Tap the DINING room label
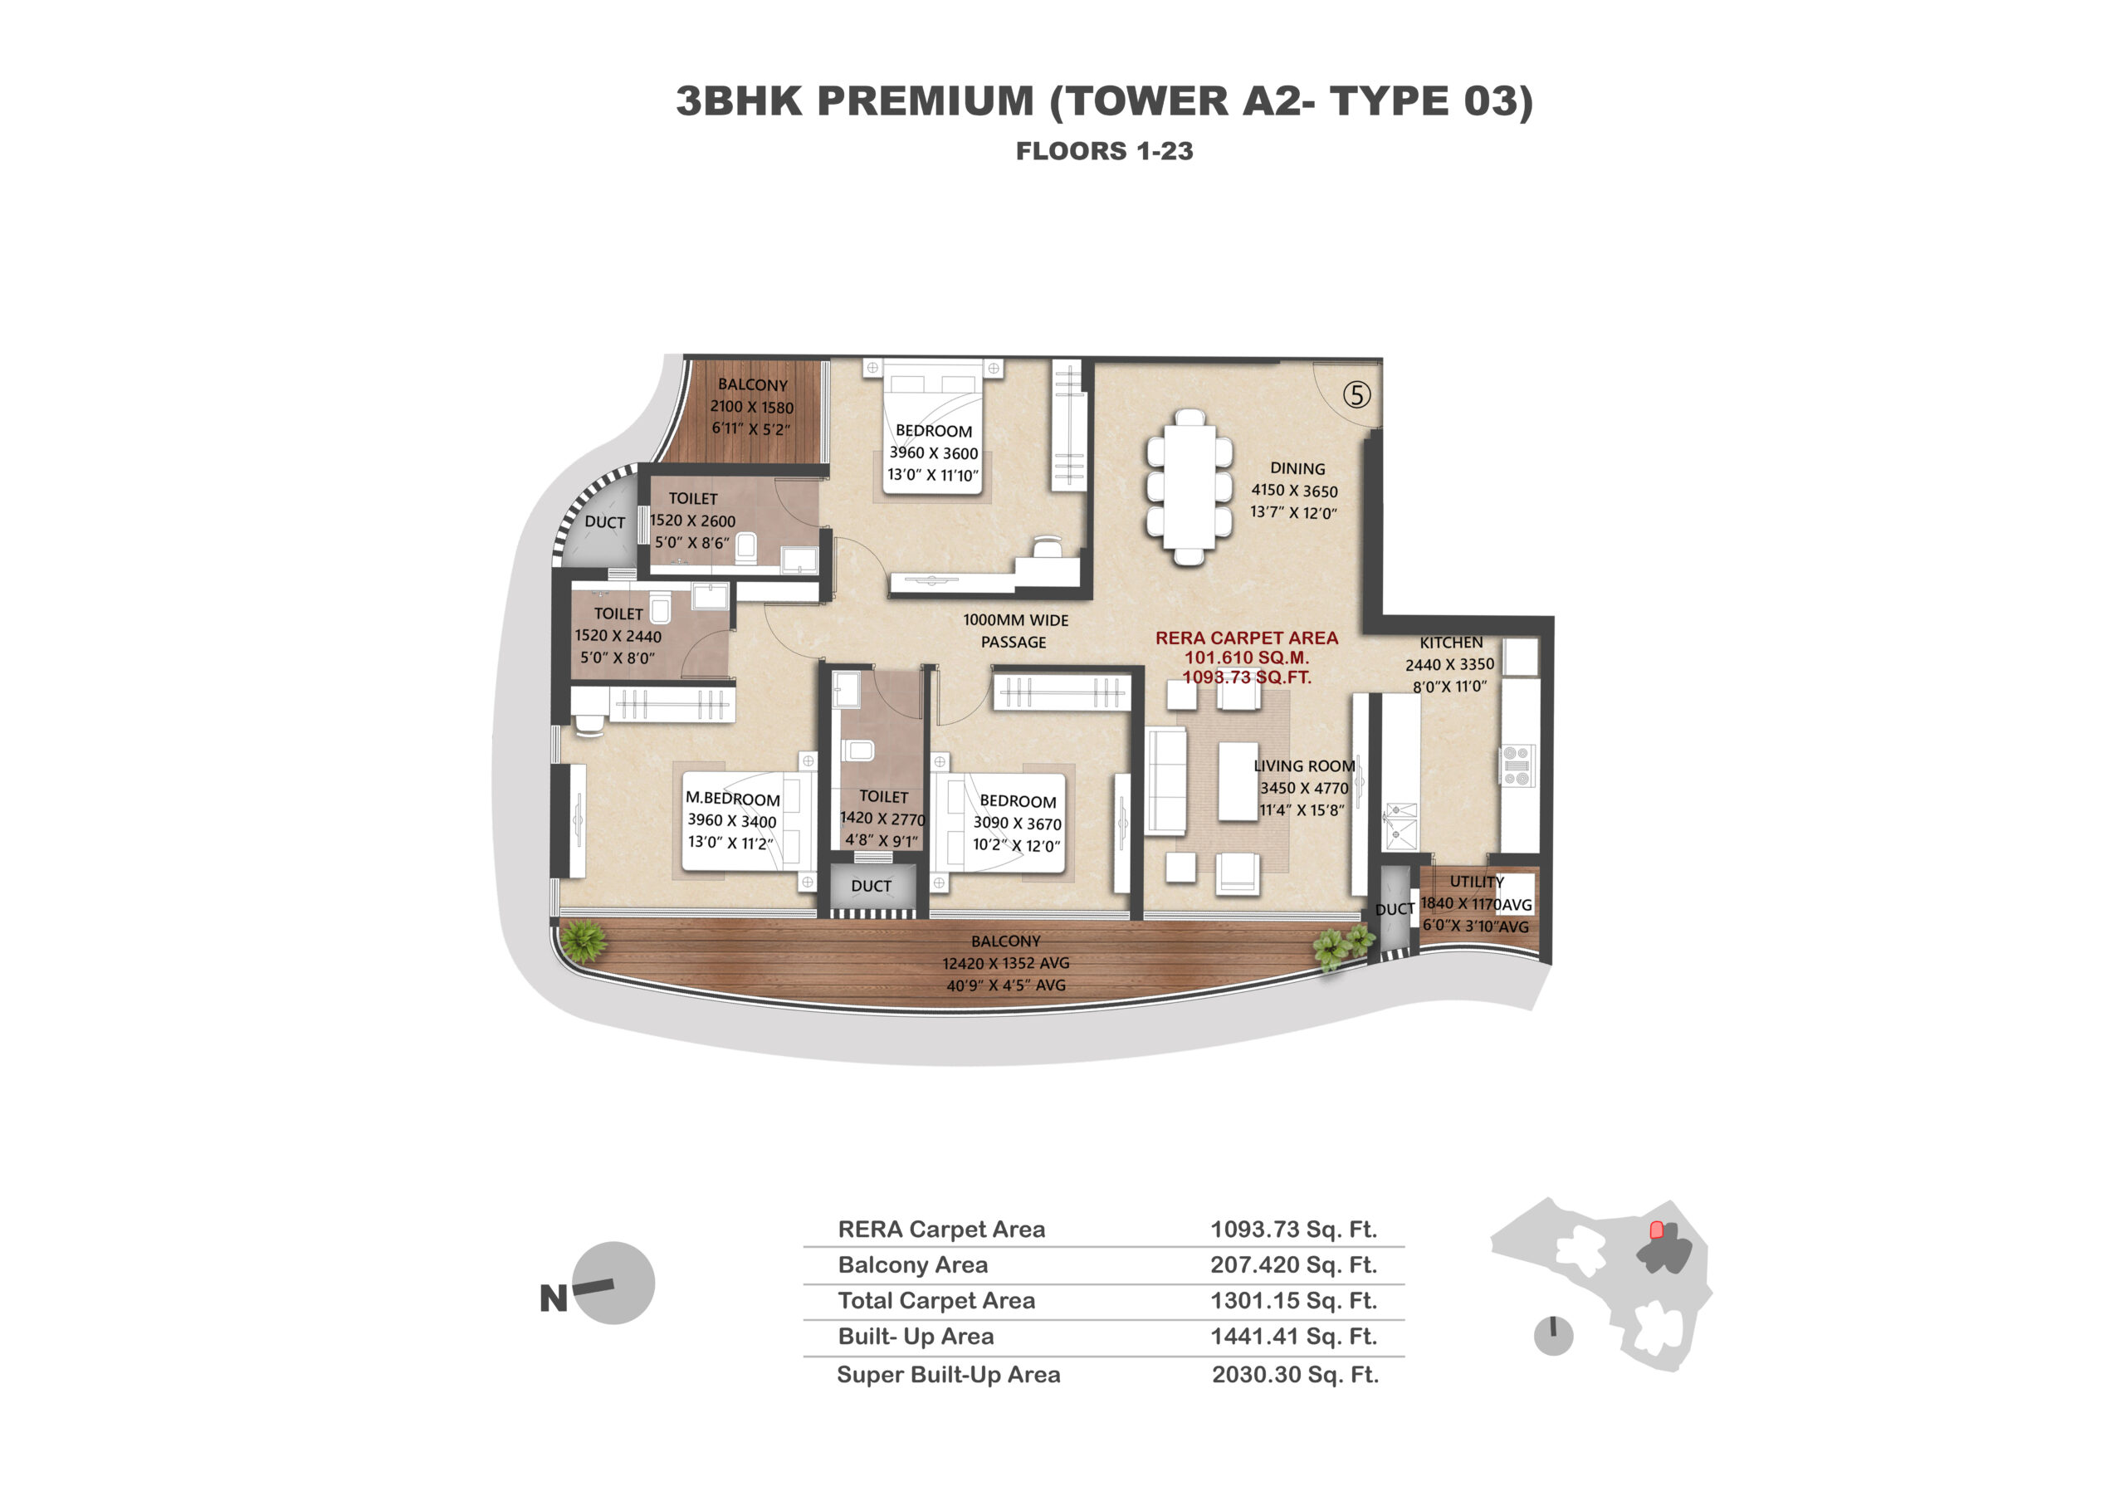(x=1297, y=469)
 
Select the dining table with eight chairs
(x=1190, y=486)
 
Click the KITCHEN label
(x=1450, y=643)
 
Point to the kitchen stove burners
(x=1516, y=766)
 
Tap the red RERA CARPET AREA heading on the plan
(x=1247, y=638)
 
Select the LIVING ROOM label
(x=1304, y=766)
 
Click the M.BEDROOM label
(x=732, y=799)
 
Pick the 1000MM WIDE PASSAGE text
(x=1015, y=631)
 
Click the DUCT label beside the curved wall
(x=604, y=522)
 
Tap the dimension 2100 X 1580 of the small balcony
(x=751, y=407)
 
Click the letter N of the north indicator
(x=554, y=1299)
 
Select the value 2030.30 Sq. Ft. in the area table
(x=1295, y=1375)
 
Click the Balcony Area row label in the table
(x=912, y=1265)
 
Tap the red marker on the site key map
(x=1657, y=1230)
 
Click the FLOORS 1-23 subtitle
(x=1104, y=151)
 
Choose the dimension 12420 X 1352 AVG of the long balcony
(x=1005, y=963)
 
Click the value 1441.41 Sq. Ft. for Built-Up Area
(x=1294, y=1337)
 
